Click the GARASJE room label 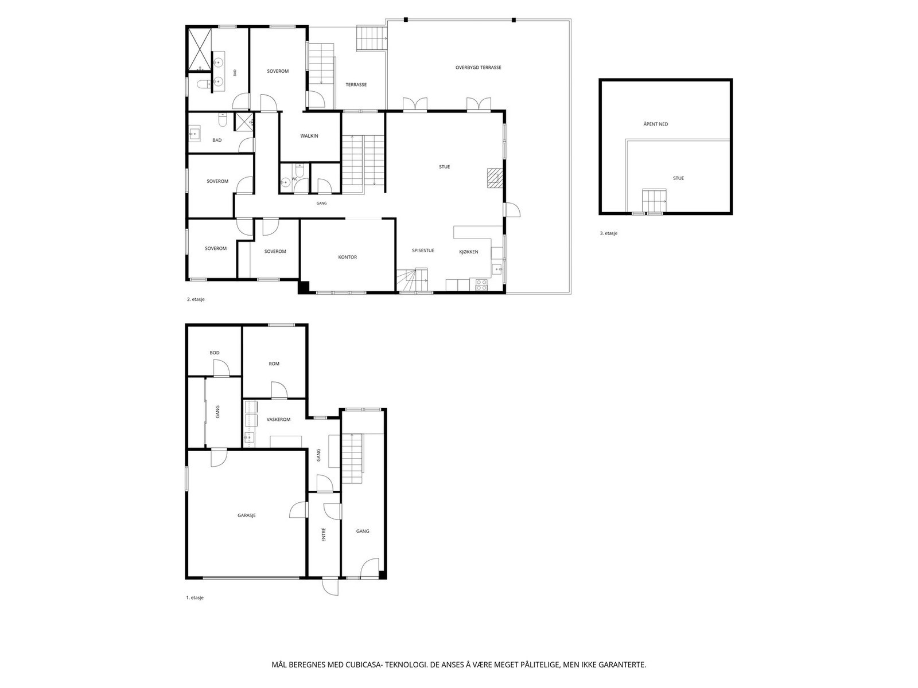coord(246,515)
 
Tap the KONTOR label coord(347,257)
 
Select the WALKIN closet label coord(309,136)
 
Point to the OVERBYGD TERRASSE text coord(478,67)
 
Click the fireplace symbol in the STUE coord(495,178)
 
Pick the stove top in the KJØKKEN coord(481,284)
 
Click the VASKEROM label coord(278,420)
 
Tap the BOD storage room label coord(214,353)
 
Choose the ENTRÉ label coord(323,535)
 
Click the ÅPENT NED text coord(655,124)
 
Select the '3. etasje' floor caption coord(609,233)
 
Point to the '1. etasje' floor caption coord(195,598)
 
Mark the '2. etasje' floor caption coord(196,299)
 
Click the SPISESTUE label coord(423,250)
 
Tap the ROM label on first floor coord(274,363)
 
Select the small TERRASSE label coord(356,84)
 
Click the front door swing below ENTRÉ coord(330,587)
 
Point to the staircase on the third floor coord(654,201)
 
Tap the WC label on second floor coord(294,179)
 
